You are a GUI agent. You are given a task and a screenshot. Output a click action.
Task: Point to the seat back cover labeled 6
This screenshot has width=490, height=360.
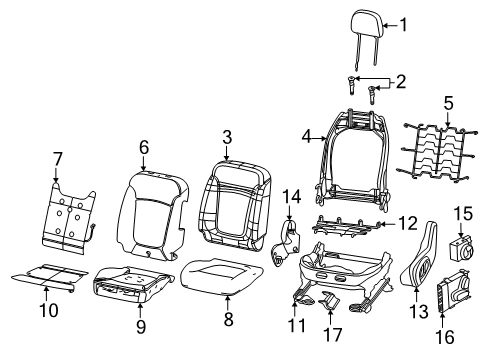(x=149, y=211)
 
